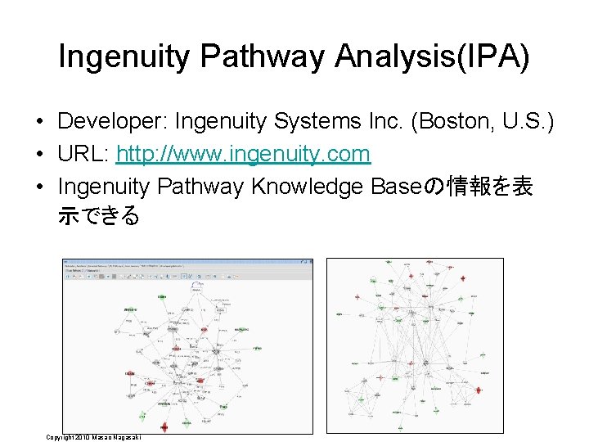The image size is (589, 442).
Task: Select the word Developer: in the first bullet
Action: pos(108,123)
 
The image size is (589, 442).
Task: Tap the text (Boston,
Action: pos(455,123)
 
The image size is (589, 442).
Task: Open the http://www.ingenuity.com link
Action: pos(243,155)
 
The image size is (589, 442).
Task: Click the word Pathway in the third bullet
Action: pos(204,187)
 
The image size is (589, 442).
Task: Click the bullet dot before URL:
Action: pos(39,156)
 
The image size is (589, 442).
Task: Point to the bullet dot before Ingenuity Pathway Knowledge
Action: pos(39,188)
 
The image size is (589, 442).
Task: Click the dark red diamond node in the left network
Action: pos(164,426)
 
